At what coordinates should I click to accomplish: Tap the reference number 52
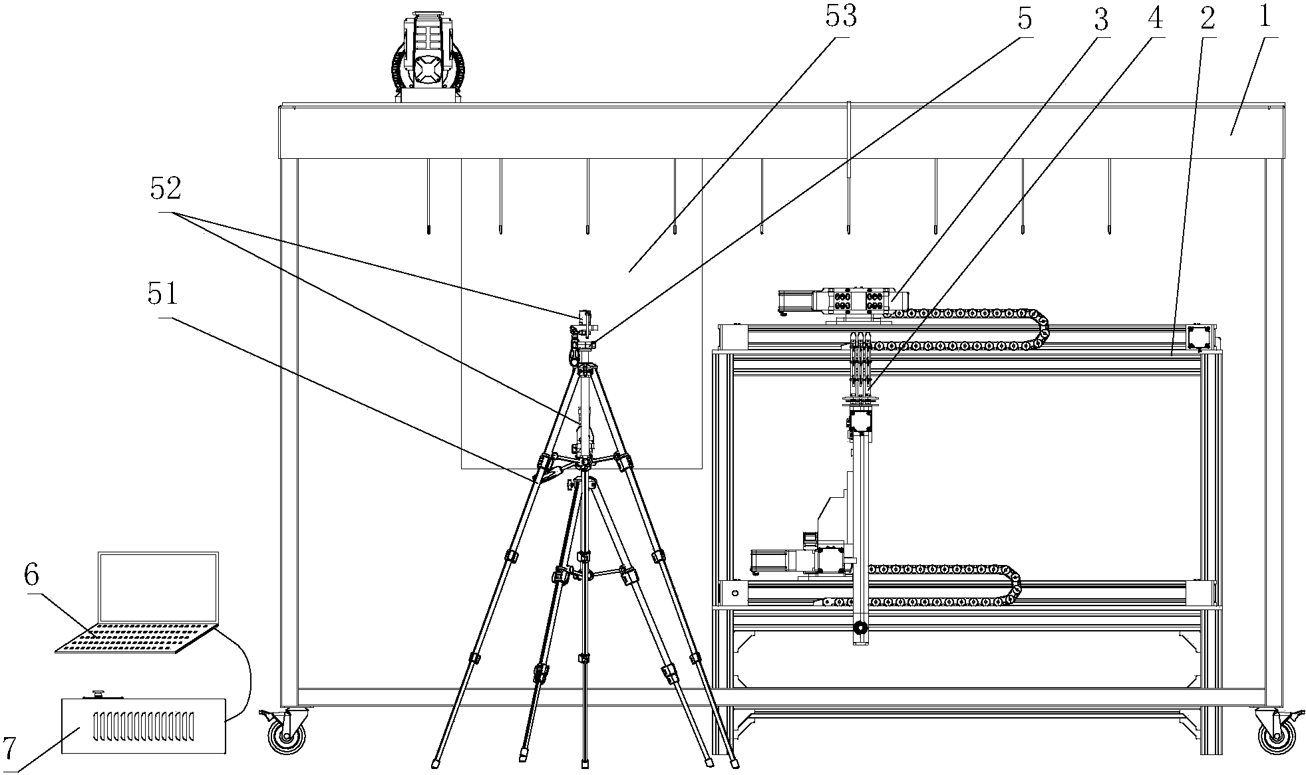click(x=165, y=191)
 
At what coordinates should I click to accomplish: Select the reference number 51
click(x=163, y=293)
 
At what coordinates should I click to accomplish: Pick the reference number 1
click(x=1264, y=16)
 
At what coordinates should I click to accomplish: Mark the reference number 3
click(x=1101, y=21)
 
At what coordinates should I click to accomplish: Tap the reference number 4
click(x=1154, y=18)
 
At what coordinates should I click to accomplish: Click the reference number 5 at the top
click(x=1025, y=19)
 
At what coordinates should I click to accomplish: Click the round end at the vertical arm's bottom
click(x=860, y=627)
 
